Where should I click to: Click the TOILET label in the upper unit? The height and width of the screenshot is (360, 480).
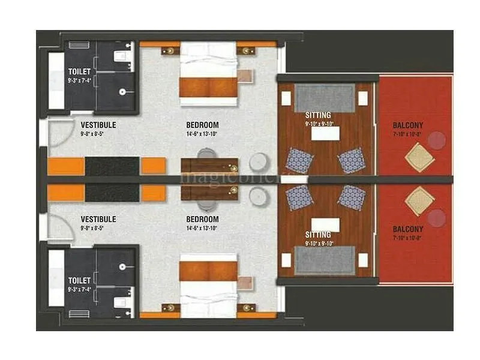(79, 72)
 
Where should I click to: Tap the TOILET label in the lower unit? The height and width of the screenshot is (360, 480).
(79, 280)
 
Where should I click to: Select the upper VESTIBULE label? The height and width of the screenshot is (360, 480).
(98, 125)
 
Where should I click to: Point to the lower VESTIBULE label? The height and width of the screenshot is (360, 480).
(98, 220)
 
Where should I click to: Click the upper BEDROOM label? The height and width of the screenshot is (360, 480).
(202, 125)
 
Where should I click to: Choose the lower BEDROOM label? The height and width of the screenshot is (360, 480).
(202, 220)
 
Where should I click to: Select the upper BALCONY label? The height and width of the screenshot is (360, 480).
(408, 125)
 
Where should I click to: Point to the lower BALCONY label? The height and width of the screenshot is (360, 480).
(408, 229)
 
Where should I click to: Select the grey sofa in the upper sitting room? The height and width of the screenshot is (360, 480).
(325, 98)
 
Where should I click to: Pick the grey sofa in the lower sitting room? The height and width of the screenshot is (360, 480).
(325, 260)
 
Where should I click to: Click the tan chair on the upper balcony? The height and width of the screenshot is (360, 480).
(419, 157)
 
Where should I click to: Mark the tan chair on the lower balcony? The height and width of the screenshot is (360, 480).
(419, 201)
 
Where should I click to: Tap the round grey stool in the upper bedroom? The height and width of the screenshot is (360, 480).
(259, 162)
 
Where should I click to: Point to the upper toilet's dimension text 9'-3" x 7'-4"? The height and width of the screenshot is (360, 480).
(79, 80)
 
